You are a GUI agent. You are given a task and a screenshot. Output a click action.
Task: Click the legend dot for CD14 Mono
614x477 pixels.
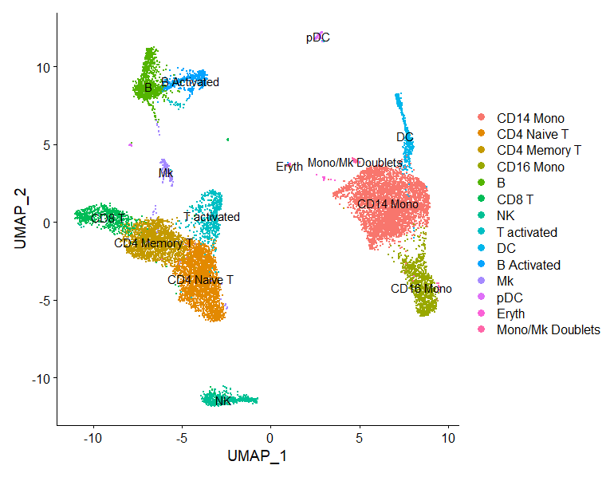pyautogui.click(x=481, y=118)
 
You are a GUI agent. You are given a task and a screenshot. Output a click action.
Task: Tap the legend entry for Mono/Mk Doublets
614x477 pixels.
pyautogui.click(x=548, y=329)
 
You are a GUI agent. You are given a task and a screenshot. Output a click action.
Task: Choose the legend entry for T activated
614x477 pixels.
pyautogui.click(x=526, y=232)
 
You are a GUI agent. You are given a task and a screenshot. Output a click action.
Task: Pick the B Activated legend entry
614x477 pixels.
pyautogui.click(x=528, y=265)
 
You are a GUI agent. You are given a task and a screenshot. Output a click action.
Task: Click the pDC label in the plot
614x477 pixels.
pyautogui.click(x=317, y=37)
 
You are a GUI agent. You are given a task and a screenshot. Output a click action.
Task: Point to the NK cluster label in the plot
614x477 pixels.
pyautogui.click(x=223, y=400)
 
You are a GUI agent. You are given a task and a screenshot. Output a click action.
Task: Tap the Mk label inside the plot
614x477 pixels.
pyautogui.click(x=166, y=172)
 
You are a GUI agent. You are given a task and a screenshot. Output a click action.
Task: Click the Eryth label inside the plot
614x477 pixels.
pyautogui.click(x=289, y=167)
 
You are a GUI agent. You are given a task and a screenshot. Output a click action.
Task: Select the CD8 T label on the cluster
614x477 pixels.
pyautogui.click(x=108, y=217)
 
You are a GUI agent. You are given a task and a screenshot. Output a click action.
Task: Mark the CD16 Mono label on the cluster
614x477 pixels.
pyautogui.click(x=421, y=288)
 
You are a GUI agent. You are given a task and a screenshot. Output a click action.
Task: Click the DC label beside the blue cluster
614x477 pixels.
pyautogui.click(x=405, y=137)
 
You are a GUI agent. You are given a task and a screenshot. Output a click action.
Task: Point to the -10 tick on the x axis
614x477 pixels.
pyautogui.click(x=94, y=437)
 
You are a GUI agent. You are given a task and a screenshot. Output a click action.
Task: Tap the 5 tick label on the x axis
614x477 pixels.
pyautogui.click(x=359, y=437)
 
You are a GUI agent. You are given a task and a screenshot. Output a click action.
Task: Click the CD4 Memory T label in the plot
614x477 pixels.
pyautogui.click(x=153, y=242)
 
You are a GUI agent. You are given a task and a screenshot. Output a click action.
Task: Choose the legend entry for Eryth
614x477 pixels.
pyautogui.click(x=510, y=313)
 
